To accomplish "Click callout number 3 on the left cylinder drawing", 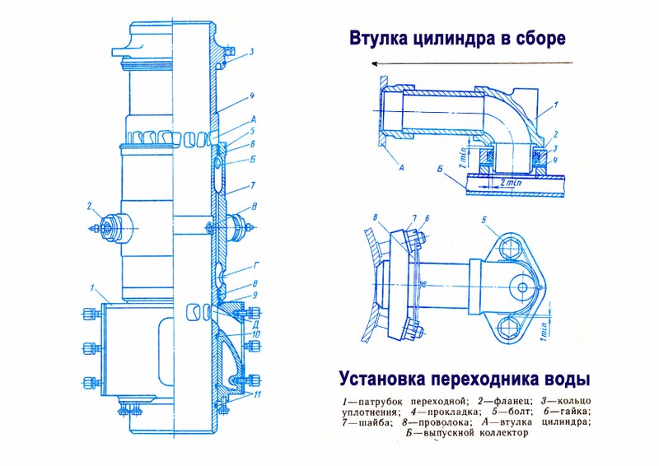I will pos(251,52).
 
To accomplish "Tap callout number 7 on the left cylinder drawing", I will pos(254,188).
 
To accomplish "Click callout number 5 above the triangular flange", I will pos(486,220).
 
